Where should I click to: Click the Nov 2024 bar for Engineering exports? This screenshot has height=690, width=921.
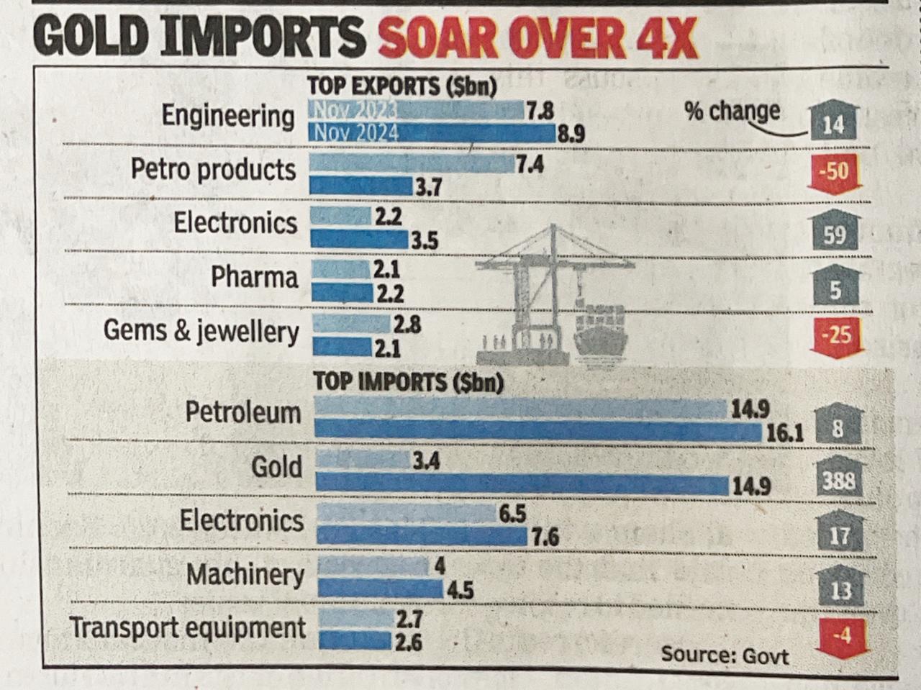[x=432, y=133]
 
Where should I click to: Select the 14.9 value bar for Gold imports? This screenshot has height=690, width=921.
[x=522, y=484]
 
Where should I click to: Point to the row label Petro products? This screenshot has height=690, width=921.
[x=213, y=170]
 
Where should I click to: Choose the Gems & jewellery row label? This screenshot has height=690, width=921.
[x=201, y=331]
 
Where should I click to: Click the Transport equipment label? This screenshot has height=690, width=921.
[x=188, y=627]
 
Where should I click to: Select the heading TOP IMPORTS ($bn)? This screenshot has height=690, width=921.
[x=408, y=381]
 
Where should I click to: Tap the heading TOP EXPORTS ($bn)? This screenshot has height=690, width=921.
[x=401, y=86]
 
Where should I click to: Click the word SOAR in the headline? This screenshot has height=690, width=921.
[x=440, y=39]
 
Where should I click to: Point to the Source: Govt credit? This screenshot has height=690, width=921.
[x=724, y=655]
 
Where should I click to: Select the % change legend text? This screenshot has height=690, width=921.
[x=732, y=111]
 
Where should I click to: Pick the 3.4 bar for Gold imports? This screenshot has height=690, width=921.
[x=363, y=460]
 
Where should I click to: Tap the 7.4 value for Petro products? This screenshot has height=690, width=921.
[x=530, y=165]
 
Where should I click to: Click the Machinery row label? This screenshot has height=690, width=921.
[x=245, y=574]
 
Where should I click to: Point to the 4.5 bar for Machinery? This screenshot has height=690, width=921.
[x=380, y=589]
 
